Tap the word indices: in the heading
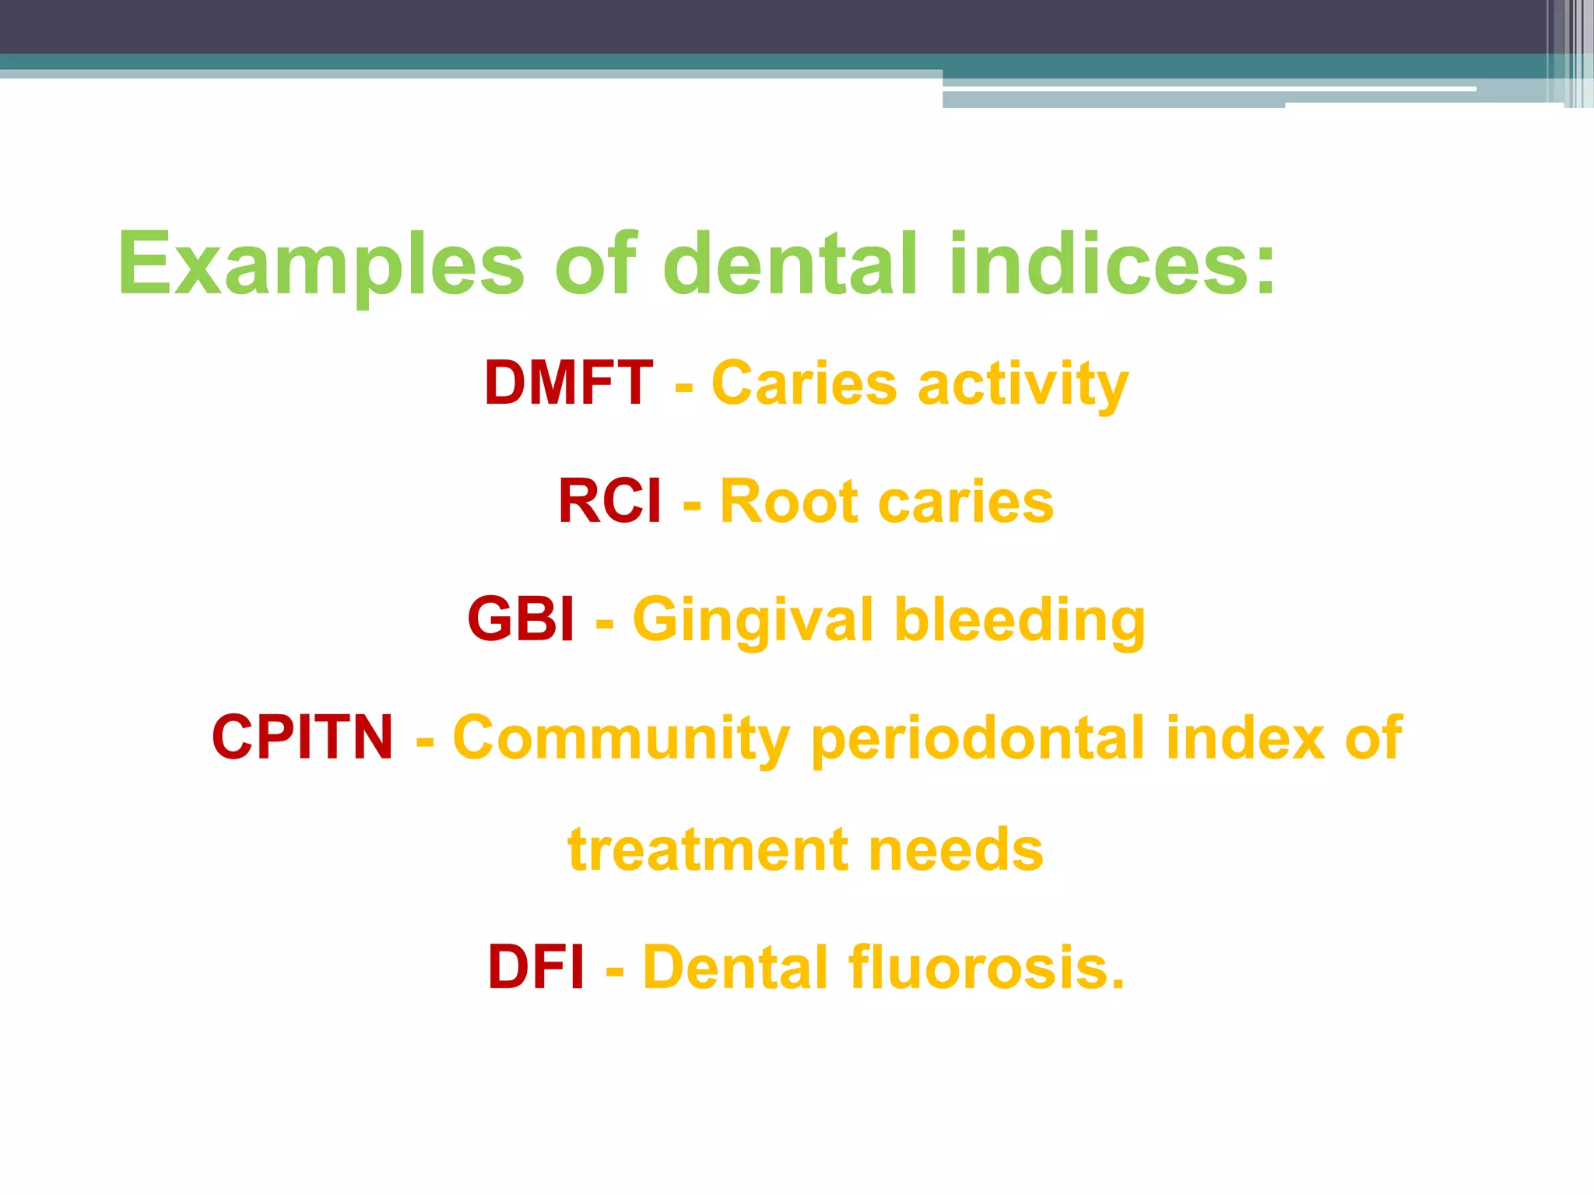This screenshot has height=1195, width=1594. click(1112, 265)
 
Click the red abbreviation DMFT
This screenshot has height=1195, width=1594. click(568, 384)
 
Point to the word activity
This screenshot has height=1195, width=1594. click(1023, 385)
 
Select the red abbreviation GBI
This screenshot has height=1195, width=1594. click(521, 620)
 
